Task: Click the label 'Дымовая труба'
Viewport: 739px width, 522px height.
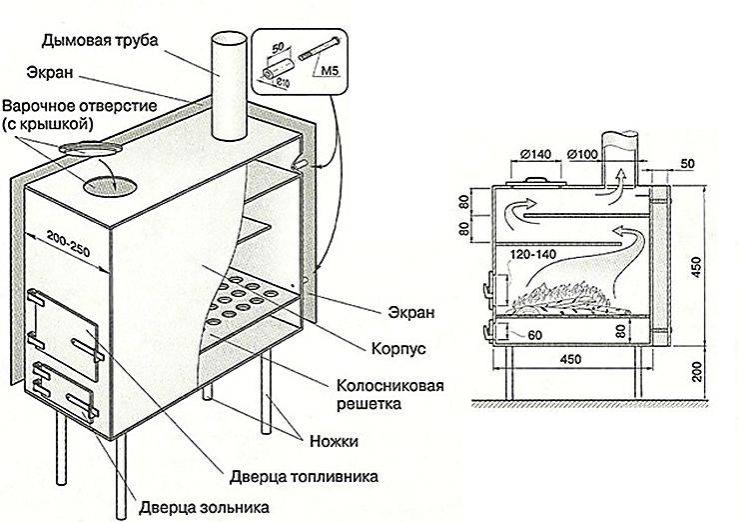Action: click(100, 41)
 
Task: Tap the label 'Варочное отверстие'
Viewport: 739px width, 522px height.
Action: click(79, 105)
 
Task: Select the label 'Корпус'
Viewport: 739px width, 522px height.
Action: click(398, 349)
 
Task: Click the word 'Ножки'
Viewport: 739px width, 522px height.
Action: click(334, 441)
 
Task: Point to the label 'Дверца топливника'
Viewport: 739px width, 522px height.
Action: click(304, 477)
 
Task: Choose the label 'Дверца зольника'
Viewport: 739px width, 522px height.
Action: click(204, 508)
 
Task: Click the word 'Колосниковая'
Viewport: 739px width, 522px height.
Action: click(389, 385)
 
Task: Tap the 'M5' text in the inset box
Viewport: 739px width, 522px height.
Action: click(330, 72)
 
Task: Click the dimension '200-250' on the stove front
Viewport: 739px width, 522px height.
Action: click(68, 243)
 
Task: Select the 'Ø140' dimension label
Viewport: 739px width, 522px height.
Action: click(535, 155)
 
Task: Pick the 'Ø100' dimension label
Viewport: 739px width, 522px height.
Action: click(582, 155)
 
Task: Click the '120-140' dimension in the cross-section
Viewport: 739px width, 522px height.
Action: click(533, 255)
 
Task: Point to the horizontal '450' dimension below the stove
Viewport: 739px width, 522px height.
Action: click(571, 360)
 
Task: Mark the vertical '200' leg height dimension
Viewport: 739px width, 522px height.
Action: click(698, 372)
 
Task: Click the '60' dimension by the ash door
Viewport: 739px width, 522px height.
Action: click(534, 336)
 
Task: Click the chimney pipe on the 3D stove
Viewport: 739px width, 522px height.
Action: click(229, 86)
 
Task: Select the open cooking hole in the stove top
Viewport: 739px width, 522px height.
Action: click(109, 185)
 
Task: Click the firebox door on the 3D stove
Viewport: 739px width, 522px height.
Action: click(65, 333)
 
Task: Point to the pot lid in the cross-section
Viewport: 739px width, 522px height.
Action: click(534, 182)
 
